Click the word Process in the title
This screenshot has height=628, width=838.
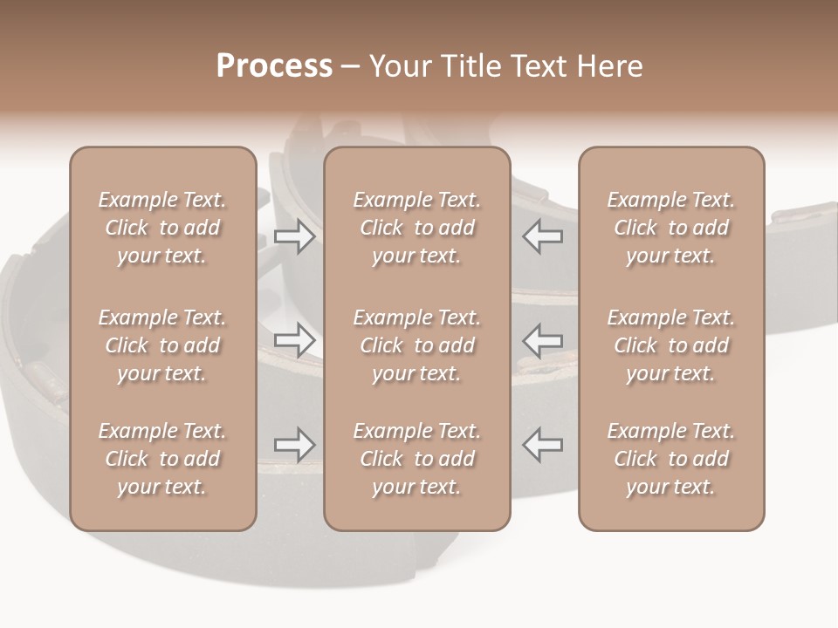[x=274, y=66]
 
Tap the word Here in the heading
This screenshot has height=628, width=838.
[x=610, y=66]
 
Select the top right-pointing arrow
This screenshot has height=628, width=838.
[x=295, y=236]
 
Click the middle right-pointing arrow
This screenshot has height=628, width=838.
[x=295, y=340]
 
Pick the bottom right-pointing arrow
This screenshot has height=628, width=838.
[x=295, y=445]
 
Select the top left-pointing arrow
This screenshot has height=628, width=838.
[x=542, y=236]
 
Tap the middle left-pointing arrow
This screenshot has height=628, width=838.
[x=542, y=340]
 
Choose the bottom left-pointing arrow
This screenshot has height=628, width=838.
[x=542, y=445]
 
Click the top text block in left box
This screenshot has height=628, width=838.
[x=162, y=228]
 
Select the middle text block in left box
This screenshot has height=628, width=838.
[x=162, y=345]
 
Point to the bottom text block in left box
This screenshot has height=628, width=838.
[x=162, y=459]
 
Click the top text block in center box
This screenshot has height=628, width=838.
[x=416, y=228]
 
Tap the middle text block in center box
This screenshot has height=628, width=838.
[x=416, y=345]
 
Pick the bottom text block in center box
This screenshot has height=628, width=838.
[x=416, y=459]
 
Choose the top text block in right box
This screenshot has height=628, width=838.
[x=670, y=228]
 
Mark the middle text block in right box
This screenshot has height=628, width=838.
[x=670, y=345]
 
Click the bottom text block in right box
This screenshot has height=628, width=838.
[x=670, y=459]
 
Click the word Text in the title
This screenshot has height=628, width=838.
[x=534, y=66]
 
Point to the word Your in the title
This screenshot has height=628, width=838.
[x=399, y=66]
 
